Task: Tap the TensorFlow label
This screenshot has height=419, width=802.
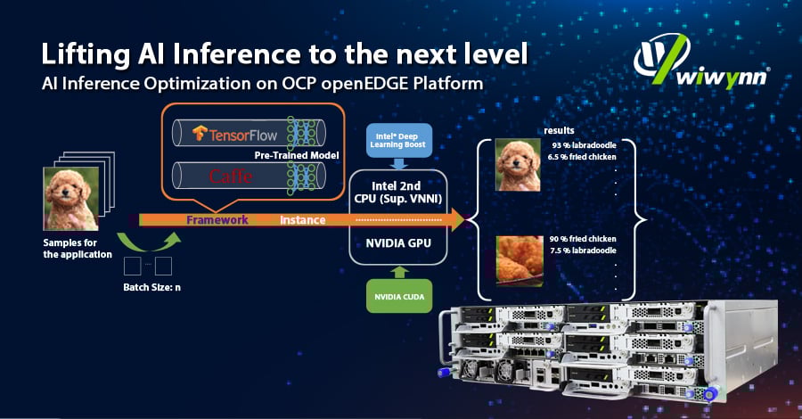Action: (234, 134)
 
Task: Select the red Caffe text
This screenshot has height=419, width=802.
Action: (231, 177)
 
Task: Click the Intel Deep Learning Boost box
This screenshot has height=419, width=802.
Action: (399, 140)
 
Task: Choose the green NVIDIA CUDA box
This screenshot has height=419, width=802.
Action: (399, 296)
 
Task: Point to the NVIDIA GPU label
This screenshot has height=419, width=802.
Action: (398, 243)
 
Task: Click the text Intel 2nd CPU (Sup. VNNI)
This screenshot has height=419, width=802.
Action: (398, 193)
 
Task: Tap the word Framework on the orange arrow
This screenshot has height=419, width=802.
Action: (217, 220)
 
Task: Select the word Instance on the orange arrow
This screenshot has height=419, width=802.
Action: (302, 220)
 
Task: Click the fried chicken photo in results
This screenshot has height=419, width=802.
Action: (520, 260)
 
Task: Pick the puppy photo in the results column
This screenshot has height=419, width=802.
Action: (518, 165)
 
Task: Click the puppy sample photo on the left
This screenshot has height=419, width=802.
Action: (71, 199)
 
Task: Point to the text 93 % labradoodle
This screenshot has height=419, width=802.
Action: (584, 145)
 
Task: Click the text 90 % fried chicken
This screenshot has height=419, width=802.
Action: (583, 239)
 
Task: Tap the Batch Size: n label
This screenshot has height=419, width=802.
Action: (151, 288)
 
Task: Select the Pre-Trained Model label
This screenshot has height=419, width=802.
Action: (297, 155)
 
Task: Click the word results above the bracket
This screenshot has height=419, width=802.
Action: (559, 131)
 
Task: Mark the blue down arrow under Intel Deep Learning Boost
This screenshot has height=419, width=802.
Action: (399, 164)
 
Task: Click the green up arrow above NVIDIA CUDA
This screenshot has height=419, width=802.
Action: (399, 272)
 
